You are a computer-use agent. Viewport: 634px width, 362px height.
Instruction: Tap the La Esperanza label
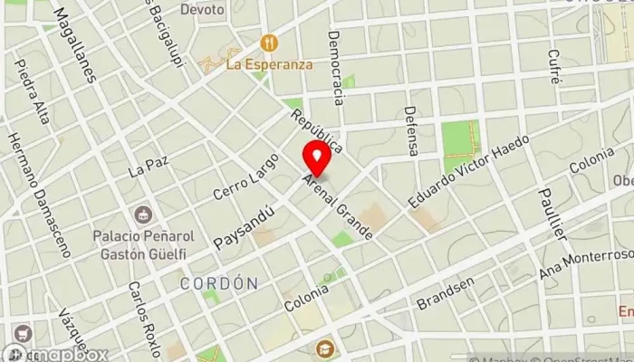pyautogui.click(x=269, y=64)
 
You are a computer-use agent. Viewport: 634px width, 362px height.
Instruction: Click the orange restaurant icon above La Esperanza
pyautogui.click(x=268, y=43)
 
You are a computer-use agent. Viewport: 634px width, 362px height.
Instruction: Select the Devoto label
pyautogui.click(x=201, y=9)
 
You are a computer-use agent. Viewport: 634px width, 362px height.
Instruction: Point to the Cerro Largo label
pyautogui.click(x=235, y=176)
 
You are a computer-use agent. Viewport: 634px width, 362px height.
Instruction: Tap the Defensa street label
pyautogui.click(x=411, y=129)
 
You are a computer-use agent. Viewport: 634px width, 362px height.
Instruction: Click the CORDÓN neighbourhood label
pyautogui.click(x=219, y=283)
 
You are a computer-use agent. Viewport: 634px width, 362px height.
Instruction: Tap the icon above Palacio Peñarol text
pyautogui.click(x=142, y=215)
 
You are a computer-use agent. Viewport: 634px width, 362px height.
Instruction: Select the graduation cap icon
pyautogui.click(x=322, y=348)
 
